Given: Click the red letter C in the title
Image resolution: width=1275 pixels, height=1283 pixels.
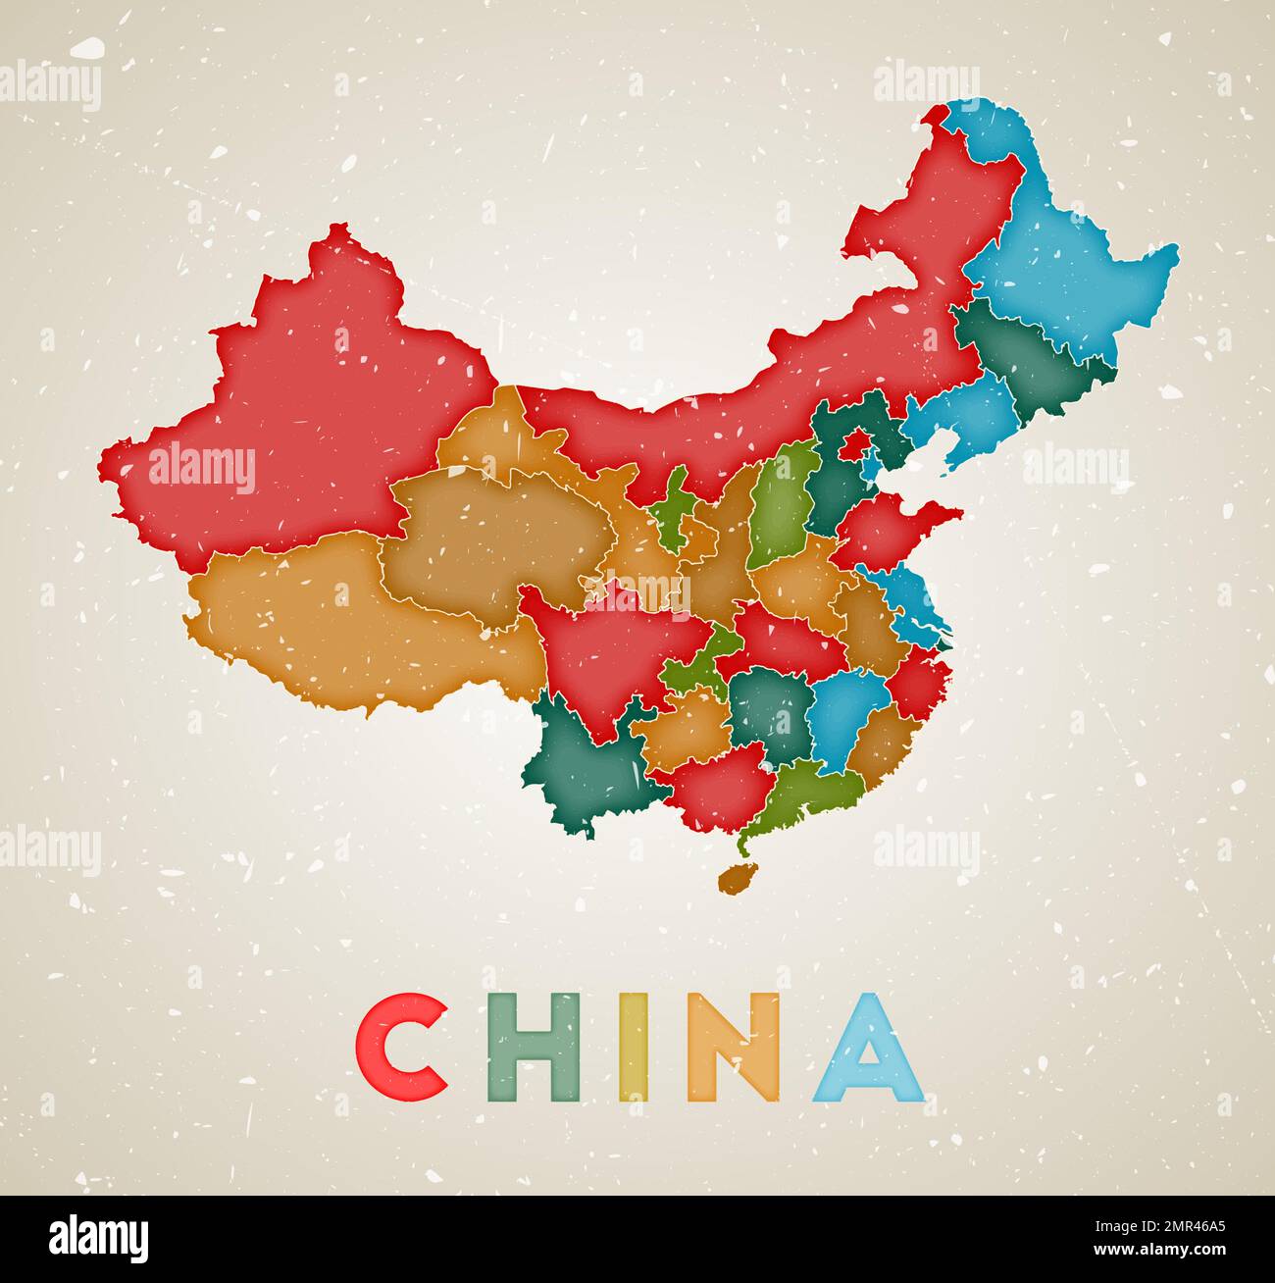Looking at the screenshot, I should tap(400, 1048).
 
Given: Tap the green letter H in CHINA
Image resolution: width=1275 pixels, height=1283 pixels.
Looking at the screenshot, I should tap(534, 1048).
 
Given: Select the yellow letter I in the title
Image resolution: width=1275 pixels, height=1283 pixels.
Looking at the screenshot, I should tap(634, 1048).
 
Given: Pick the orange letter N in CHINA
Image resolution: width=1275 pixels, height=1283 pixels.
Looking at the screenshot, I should tap(734, 1048).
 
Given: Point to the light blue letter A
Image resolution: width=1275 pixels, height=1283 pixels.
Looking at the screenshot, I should tap(868, 1048).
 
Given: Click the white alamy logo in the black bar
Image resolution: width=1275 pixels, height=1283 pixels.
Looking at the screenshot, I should tap(98, 1238).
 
